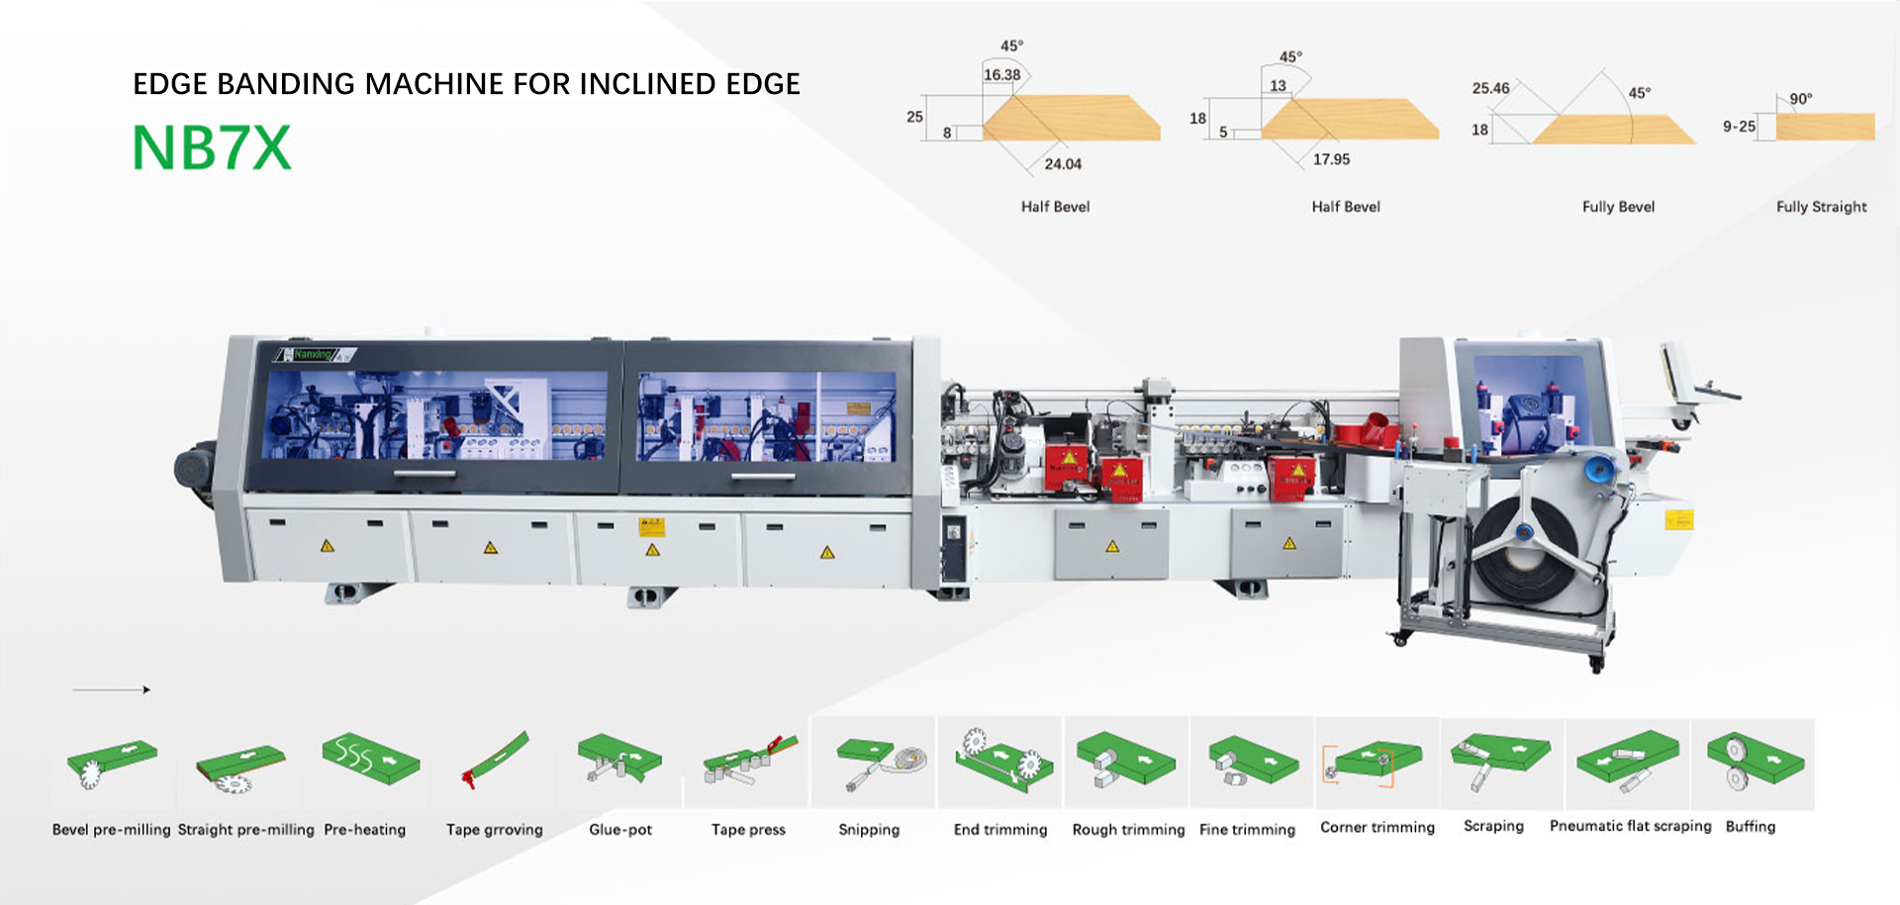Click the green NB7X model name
pos(212,148)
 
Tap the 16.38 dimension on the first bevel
pos(1001,75)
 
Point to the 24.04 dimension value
pos(1063,164)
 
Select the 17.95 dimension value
pos(1331,159)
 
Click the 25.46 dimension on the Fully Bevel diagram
pos(1490,89)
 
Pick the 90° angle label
pos(1800,99)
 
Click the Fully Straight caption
pos(1821,207)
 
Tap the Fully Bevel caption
pos(1618,207)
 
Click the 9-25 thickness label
pos(1739,127)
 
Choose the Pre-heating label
pos(364,830)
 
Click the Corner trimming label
pos(1377,827)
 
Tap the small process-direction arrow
pos(111,689)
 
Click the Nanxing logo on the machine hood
pos(313,354)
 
